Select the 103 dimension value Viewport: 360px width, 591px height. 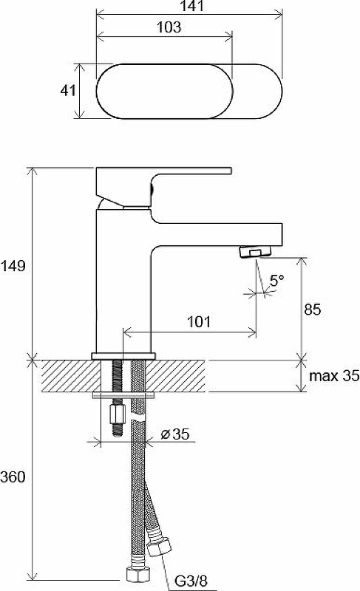click(169, 27)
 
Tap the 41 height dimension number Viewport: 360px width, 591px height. click(68, 90)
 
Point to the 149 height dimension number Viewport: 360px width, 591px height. click(13, 266)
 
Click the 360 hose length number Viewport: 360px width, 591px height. click(13, 477)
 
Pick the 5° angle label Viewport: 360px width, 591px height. click(276, 281)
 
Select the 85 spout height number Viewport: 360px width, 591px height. click(313, 310)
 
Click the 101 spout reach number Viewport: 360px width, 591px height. click(199, 321)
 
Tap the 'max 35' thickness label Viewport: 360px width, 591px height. click(334, 376)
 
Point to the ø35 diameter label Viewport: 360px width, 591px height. click(175, 434)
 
